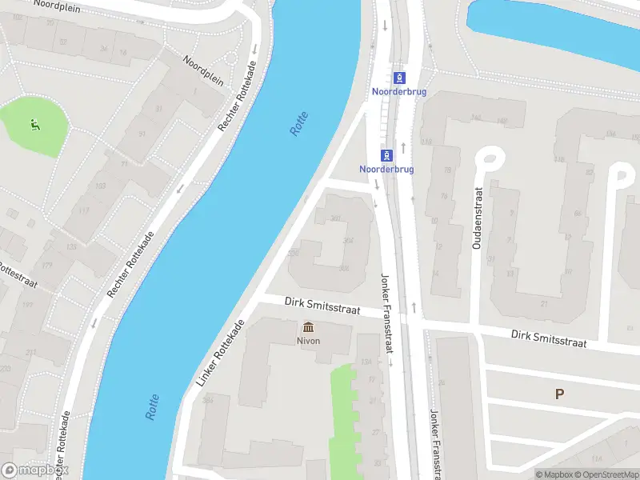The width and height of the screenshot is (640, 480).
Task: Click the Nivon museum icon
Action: [x=308, y=327]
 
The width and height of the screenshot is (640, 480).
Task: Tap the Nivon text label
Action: [x=308, y=340]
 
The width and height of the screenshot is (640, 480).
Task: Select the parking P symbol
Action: [x=558, y=393]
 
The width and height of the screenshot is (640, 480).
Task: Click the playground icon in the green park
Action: [x=34, y=124]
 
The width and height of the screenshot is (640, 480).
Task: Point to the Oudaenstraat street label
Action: [x=477, y=218]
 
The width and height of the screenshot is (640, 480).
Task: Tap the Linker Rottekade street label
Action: [x=220, y=354]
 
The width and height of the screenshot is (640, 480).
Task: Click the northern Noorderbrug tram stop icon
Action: [x=399, y=78]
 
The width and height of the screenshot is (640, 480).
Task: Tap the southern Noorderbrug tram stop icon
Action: [x=387, y=154]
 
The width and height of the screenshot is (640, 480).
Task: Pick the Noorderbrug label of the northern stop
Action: [x=399, y=91]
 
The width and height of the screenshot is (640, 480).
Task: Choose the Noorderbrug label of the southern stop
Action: [x=387, y=169]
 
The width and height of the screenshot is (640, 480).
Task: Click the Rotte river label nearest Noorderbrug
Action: [x=299, y=123]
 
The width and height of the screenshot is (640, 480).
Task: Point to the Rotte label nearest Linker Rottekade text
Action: [x=153, y=407]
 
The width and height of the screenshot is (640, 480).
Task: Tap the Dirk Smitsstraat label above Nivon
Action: [x=323, y=306]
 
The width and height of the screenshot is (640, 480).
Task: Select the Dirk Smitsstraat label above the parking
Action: [x=549, y=338]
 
